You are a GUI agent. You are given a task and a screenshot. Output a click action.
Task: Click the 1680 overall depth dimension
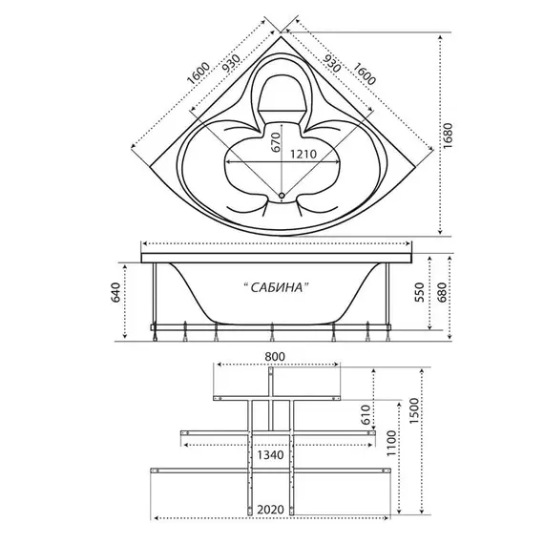(448, 136)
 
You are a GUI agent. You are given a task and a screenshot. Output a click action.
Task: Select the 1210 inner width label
(303, 154)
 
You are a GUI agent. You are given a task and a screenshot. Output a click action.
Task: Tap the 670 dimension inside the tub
(276, 142)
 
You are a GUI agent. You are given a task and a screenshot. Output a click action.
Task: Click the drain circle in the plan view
(282, 196)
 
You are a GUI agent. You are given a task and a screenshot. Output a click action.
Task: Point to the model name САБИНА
(276, 287)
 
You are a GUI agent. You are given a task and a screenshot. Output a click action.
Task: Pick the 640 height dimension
(115, 292)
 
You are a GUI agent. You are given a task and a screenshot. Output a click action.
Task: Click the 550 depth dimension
(420, 292)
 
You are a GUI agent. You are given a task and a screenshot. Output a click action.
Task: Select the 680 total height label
(442, 292)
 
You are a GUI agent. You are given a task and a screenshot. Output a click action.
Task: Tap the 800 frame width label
(275, 356)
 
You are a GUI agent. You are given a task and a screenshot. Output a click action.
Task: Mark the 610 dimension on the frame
(366, 414)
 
